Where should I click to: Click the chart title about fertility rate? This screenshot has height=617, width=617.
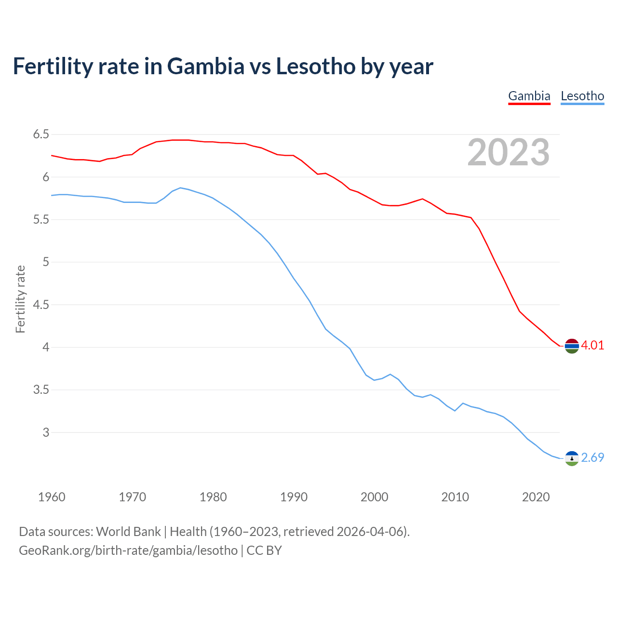(x=223, y=66)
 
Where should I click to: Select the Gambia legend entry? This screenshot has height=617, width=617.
(x=529, y=96)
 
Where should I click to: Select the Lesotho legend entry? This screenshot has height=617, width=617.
(x=582, y=96)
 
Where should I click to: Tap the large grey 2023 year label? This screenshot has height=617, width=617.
(x=508, y=152)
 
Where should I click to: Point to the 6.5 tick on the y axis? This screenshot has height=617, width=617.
(x=41, y=134)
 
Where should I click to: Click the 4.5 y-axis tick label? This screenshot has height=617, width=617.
(x=41, y=305)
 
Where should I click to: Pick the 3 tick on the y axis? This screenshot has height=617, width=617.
(x=46, y=432)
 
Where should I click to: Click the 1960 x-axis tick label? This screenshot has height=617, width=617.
(x=52, y=497)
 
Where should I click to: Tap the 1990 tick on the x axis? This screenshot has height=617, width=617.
(x=294, y=497)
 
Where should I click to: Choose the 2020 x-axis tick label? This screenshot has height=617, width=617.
(x=536, y=497)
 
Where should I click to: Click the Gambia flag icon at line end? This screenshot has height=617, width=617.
(x=572, y=346)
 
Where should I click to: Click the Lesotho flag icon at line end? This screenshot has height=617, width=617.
(x=572, y=458)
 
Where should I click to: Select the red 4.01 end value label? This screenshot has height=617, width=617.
(x=592, y=345)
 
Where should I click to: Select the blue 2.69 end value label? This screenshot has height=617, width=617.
(x=592, y=457)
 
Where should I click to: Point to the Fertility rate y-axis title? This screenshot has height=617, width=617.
(x=20, y=299)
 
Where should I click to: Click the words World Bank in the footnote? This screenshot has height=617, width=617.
(x=128, y=532)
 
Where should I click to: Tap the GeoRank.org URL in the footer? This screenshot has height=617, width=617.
(x=128, y=550)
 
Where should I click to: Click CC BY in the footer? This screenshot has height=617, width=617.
(x=264, y=550)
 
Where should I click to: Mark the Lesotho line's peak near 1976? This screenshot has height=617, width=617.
(x=180, y=188)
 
